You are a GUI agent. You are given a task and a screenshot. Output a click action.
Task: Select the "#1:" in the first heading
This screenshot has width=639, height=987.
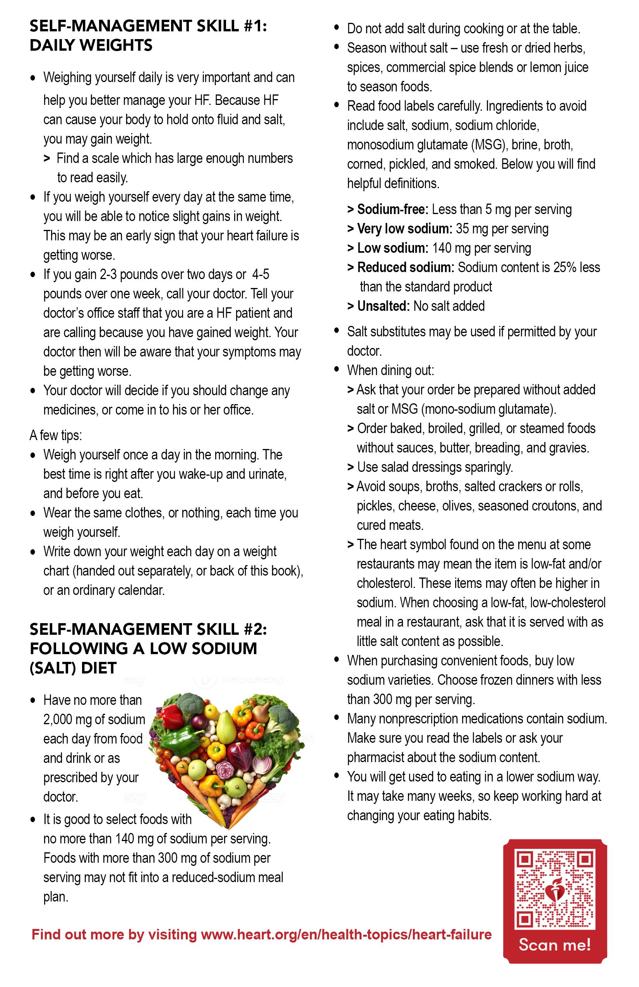pos(253,26)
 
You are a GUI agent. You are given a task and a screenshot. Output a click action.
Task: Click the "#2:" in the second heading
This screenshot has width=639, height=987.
pos(253,629)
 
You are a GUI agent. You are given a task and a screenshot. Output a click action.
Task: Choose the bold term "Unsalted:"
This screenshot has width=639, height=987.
pos(384,306)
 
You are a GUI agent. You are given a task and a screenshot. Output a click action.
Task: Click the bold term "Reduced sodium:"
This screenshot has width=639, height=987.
pos(406,267)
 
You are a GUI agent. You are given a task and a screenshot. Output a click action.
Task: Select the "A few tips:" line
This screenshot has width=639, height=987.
pos(56,435)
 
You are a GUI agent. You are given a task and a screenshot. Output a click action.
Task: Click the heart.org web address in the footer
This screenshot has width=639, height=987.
pos(346,934)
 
